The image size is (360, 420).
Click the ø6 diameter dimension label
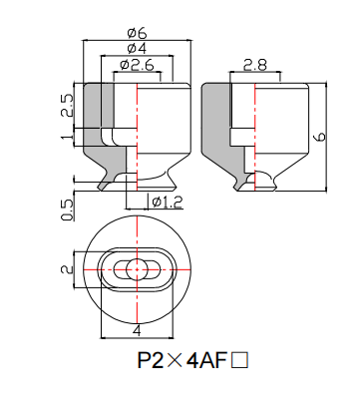(138, 32)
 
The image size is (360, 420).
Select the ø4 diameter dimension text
(138, 48)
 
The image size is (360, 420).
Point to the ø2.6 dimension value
(138, 65)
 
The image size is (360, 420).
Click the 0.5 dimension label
(67, 210)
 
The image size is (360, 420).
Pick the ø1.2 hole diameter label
(167, 203)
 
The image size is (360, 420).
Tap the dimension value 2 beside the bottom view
(67, 268)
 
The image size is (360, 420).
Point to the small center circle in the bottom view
(137, 267)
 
